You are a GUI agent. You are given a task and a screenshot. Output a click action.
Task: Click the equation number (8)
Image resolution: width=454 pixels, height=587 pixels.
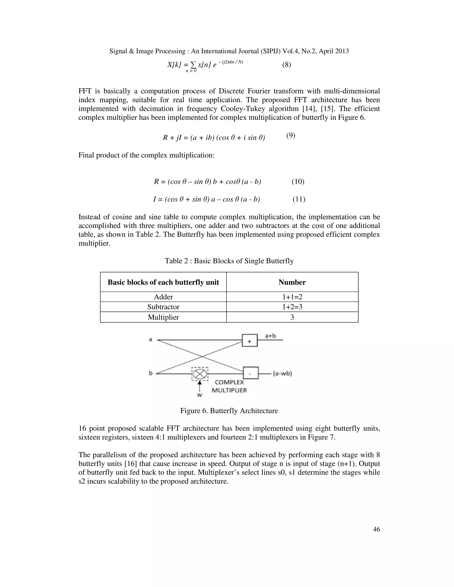[286, 65]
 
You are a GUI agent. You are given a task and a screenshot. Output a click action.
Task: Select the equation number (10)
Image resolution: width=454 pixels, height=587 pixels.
[298, 181]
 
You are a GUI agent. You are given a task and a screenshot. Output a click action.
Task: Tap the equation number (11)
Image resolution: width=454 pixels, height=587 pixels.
[299, 199]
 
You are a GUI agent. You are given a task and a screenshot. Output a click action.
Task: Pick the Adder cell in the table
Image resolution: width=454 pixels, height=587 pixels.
[163, 297]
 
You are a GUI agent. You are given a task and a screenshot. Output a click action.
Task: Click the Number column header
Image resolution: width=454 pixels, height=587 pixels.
[292, 282]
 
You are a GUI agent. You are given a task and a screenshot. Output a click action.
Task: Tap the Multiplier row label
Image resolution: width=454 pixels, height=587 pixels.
[163, 317]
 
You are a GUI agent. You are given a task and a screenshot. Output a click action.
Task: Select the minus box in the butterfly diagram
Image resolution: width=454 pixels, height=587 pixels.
[251, 373]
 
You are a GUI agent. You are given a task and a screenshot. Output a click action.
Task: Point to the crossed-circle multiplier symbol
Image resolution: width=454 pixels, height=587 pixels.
[200, 374]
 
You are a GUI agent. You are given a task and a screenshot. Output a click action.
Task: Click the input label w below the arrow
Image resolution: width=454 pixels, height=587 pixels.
[200, 395]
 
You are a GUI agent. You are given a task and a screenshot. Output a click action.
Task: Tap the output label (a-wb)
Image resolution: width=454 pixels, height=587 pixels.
[282, 373]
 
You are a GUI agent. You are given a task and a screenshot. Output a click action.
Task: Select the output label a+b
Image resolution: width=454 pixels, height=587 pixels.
[270, 336]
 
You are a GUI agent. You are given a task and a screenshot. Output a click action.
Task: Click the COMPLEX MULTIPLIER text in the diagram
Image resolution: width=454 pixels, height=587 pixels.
[229, 386]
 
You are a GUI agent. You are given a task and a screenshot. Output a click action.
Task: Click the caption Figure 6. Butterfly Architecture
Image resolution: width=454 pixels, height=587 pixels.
[229, 411]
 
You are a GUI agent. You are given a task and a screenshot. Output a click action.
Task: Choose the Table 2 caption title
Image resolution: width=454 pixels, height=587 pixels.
[229, 261]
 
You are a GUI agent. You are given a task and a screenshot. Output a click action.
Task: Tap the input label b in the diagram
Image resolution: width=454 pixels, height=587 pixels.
[151, 373]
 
